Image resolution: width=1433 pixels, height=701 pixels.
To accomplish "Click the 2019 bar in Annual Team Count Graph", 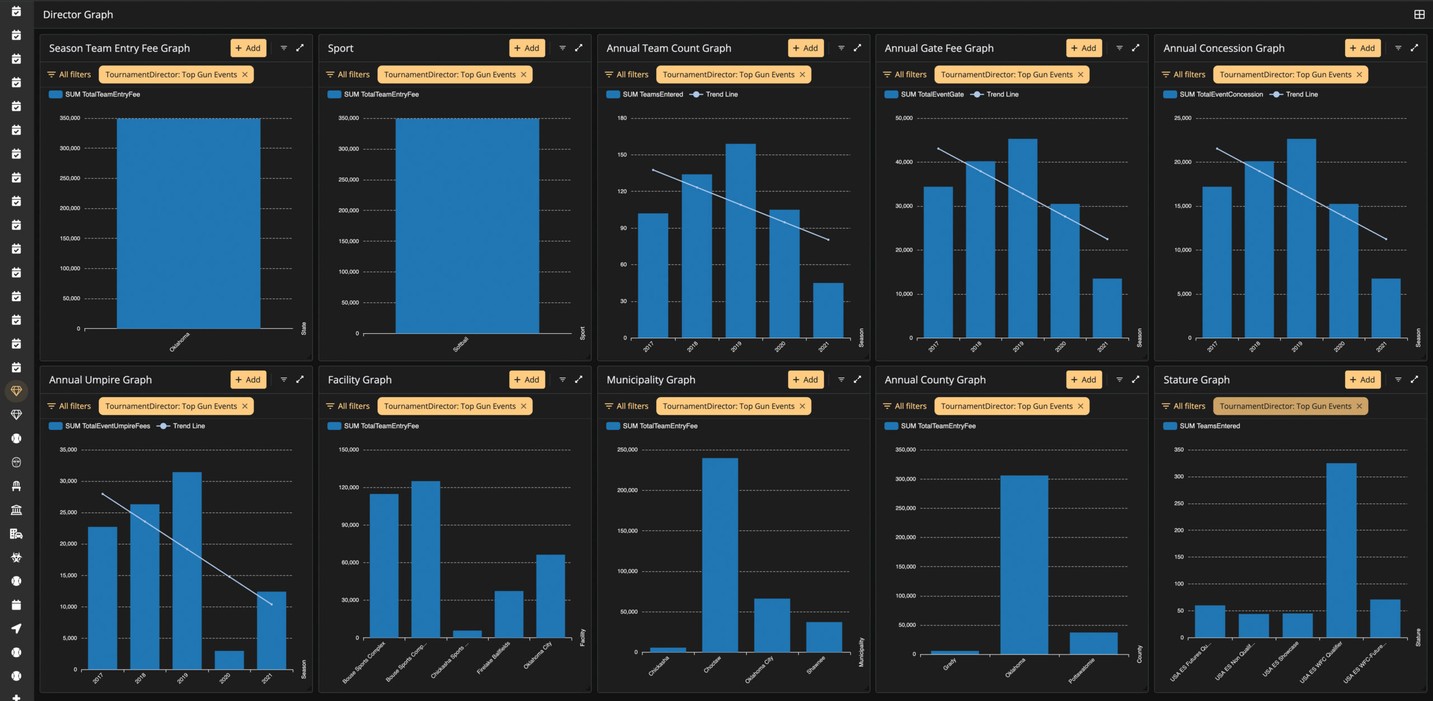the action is [740, 241].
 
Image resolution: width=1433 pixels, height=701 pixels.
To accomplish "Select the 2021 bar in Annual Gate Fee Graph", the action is [1107, 308].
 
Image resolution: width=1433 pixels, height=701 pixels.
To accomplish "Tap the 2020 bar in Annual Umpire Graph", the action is [229, 660].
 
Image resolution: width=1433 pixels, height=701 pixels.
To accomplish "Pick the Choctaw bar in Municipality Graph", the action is [720, 555].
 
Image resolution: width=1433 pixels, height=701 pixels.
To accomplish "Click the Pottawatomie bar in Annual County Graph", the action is [1093, 643].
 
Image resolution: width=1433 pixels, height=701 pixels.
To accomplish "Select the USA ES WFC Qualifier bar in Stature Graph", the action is [1341, 550].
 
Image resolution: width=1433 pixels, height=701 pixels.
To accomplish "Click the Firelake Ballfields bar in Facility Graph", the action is [509, 614].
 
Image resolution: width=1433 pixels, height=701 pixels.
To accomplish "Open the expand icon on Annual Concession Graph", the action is [1415, 48].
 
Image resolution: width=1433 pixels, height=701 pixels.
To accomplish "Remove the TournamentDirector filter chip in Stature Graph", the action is [1359, 406].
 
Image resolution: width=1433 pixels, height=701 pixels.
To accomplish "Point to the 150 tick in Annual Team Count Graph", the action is [622, 155].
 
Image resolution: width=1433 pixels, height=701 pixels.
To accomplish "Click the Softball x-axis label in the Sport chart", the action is [461, 344].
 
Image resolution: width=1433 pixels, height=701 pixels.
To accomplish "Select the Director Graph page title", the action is [78, 15].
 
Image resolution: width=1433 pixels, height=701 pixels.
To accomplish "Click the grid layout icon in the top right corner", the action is [1419, 15].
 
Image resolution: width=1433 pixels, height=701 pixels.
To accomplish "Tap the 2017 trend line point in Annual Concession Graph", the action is [1217, 148].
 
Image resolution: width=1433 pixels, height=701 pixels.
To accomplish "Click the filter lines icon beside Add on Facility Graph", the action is [563, 380].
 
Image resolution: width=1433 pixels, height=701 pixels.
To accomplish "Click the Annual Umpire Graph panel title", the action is [100, 380].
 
